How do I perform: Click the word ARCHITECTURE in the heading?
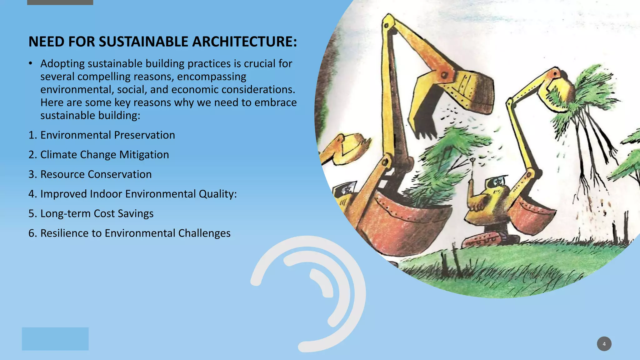coord(244,42)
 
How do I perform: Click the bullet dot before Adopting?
coord(30,64)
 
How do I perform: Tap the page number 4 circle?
coord(604,344)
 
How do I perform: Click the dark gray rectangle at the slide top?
coord(60,2)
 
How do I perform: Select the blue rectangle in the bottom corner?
coord(55,339)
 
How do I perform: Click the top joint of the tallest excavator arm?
coord(388,22)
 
